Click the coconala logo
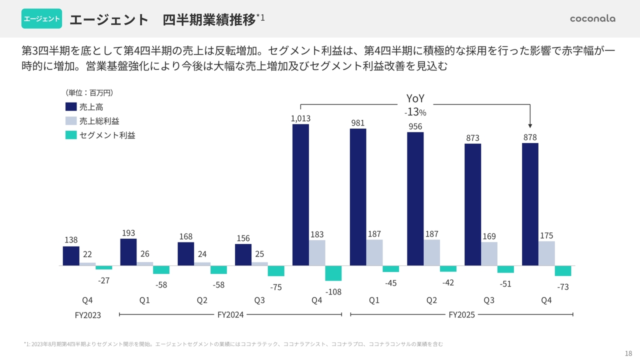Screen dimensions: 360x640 click(592, 18)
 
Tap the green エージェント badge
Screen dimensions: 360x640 click(42, 18)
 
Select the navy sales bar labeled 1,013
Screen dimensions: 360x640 click(300, 194)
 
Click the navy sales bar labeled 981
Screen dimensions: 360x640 click(358, 196)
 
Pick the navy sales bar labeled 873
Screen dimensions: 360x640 click(472, 204)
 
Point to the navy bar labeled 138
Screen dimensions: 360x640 click(71, 255)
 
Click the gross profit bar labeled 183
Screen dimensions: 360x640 click(317, 252)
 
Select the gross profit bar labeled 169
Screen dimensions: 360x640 click(489, 253)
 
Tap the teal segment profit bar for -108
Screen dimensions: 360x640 click(333, 273)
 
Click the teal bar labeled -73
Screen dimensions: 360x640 click(562, 270)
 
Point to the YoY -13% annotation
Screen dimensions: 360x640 click(415, 105)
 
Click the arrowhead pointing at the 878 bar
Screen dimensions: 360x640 click(530, 126)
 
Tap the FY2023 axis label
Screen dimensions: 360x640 click(87, 315)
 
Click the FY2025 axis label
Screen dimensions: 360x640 click(461, 315)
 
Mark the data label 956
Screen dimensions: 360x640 click(415, 126)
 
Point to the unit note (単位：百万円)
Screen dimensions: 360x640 click(89, 92)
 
